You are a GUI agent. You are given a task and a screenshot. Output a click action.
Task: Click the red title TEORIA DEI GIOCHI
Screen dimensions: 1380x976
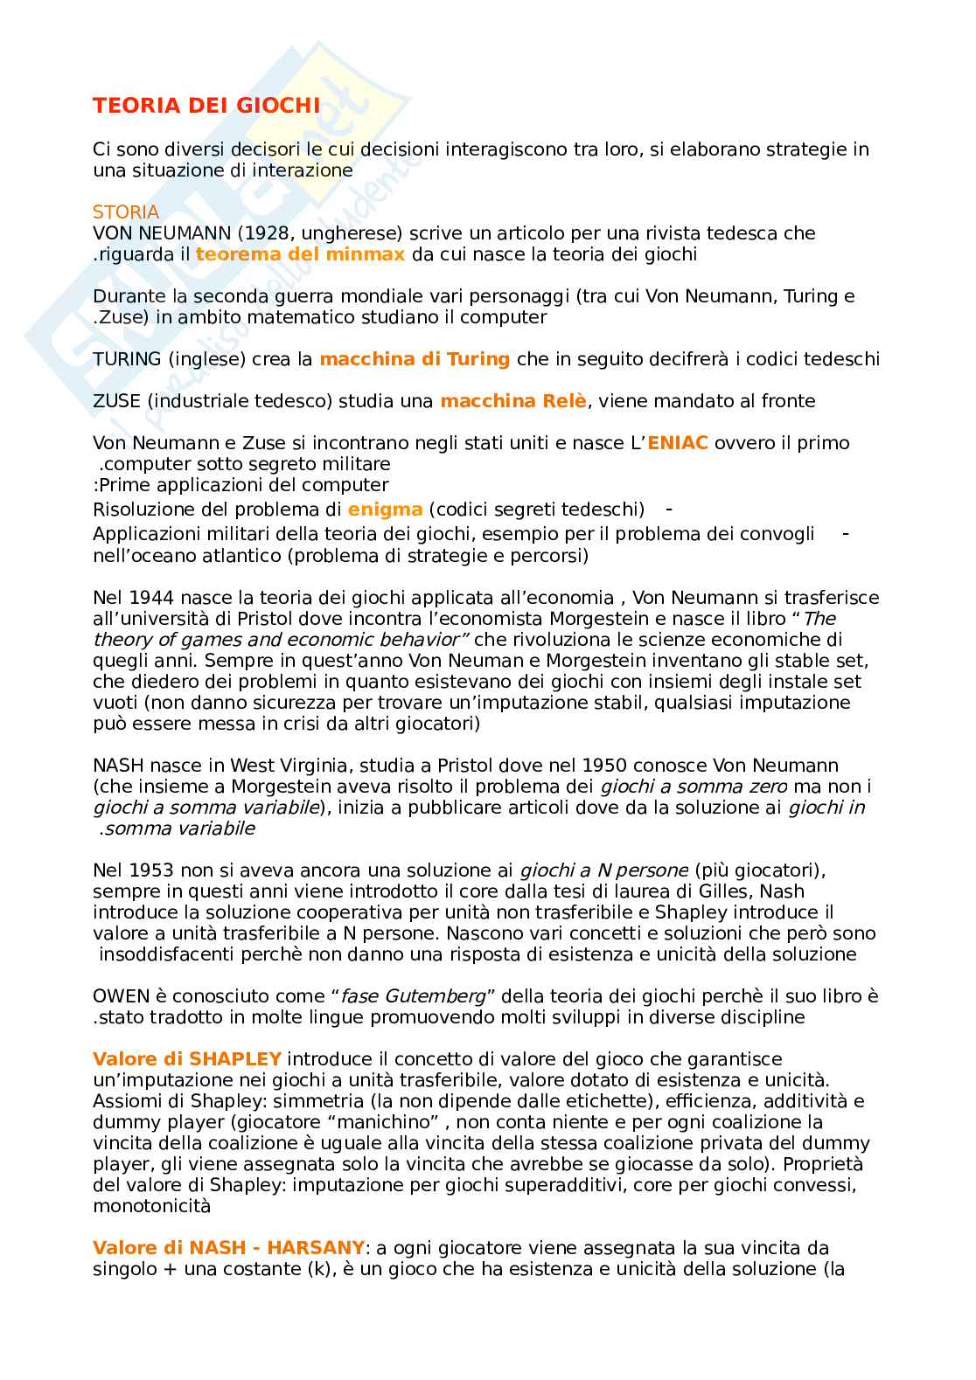pos(206,107)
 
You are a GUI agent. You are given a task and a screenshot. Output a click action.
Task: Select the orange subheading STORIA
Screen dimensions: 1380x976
pos(126,212)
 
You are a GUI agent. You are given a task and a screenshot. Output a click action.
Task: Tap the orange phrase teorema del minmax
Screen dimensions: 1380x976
pos(300,254)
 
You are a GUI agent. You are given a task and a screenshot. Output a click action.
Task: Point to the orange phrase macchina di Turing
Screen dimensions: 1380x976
pos(415,359)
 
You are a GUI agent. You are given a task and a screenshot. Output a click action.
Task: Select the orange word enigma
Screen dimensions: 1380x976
pos(385,509)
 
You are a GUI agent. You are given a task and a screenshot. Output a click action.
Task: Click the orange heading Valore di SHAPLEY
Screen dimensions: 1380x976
pos(187,1059)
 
